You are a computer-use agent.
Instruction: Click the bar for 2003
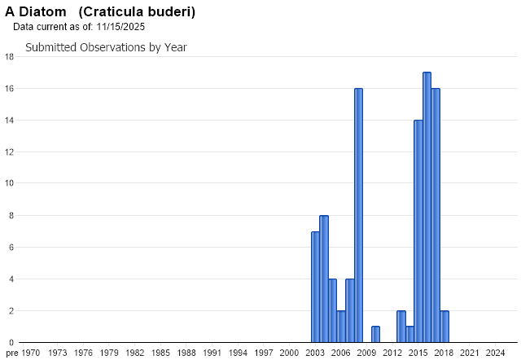(x=315, y=287)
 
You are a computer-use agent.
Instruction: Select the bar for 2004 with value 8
(x=324, y=279)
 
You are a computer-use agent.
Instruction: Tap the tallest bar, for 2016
(x=427, y=208)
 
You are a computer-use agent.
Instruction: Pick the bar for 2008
(x=358, y=215)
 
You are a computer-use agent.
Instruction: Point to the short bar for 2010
(x=375, y=334)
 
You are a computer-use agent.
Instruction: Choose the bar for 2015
(x=418, y=231)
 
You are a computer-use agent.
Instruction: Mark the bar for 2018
(x=444, y=326)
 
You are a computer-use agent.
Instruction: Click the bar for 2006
(x=341, y=326)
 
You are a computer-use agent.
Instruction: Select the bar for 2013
(x=401, y=326)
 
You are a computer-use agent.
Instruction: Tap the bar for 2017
(x=436, y=215)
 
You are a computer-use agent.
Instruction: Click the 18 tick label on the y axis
(x=9, y=57)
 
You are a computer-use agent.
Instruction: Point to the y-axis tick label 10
(x=9, y=183)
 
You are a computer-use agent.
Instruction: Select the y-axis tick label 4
(x=9, y=279)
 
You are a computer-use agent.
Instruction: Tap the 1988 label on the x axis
(x=186, y=353)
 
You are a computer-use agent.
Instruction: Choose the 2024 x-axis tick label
(x=495, y=353)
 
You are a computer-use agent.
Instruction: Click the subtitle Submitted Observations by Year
(x=106, y=47)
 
